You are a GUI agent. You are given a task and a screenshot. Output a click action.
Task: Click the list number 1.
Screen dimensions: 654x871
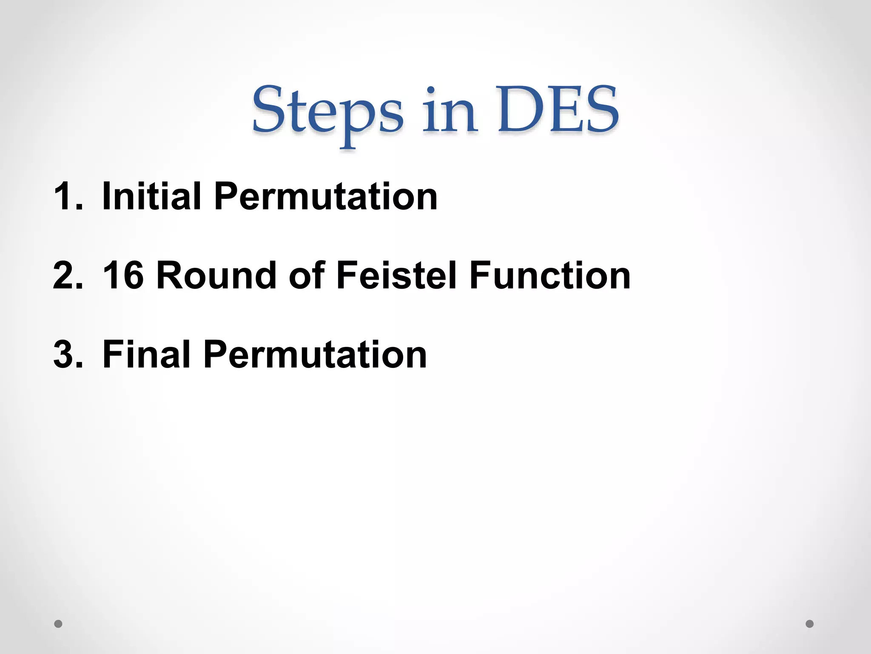(x=68, y=196)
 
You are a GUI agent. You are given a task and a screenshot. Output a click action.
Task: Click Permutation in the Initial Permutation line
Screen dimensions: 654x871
(x=325, y=197)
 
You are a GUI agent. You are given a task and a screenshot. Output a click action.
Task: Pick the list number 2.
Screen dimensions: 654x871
(x=68, y=275)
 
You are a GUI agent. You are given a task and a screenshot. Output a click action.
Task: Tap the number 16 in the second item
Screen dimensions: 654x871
(x=123, y=275)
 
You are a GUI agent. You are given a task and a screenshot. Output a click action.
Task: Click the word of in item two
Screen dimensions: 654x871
(x=307, y=275)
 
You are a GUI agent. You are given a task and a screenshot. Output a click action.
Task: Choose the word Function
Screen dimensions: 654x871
(x=550, y=275)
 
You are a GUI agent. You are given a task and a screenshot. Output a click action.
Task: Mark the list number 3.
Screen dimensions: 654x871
(x=68, y=355)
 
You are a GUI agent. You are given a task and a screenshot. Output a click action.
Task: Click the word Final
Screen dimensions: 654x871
(x=146, y=354)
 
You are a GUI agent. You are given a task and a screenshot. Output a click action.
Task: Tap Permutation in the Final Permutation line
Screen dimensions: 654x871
(x=315, y=355)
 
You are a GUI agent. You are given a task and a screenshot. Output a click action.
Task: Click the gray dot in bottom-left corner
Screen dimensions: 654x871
(x=58, y=624)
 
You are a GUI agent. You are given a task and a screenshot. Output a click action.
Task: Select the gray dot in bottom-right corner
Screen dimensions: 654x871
(x=810, y=624)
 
